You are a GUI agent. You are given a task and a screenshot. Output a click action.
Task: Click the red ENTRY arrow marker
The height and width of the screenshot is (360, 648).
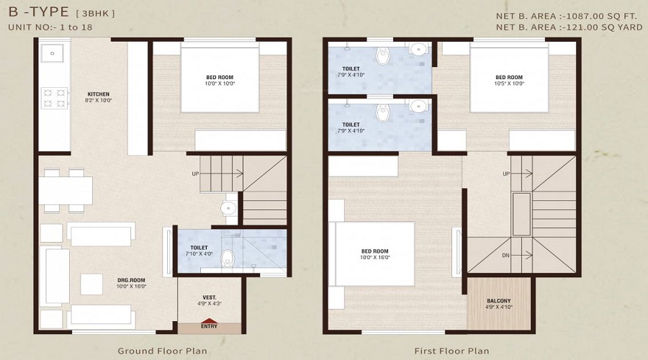click(x=210, y=321)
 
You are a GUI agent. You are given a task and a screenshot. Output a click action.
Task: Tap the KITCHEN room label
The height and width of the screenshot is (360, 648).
click(x=99, y=94)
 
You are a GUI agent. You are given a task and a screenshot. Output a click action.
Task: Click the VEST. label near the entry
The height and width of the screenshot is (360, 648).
click(x=210, y=297)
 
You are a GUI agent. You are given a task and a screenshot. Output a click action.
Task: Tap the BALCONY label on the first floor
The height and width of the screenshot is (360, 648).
click(x=498, y=301)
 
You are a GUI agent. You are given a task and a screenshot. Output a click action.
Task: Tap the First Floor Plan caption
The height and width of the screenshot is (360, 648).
click(x=451, y=351)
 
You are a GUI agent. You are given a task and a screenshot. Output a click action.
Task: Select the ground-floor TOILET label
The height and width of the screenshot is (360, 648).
click(x=199, y=247)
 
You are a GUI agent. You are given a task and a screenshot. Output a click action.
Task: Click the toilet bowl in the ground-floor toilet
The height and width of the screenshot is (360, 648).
click(x=228, y=256)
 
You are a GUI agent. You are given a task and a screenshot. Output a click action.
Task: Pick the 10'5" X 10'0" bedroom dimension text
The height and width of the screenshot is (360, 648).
click(x=509, y=84)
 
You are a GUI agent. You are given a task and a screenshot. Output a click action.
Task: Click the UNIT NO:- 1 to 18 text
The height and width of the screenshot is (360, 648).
click(x=50, y=27)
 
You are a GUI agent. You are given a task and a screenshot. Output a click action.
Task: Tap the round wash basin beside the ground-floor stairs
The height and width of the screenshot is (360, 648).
click(x=228, y=208)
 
